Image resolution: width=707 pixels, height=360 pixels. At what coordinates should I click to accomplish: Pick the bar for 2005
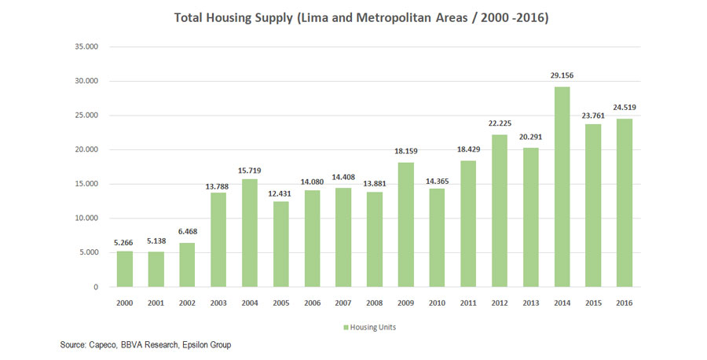tap(282, 244)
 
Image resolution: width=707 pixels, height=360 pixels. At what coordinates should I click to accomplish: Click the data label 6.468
tap(187, 233)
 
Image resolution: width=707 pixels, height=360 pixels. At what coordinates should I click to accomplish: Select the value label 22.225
tap(500, 125)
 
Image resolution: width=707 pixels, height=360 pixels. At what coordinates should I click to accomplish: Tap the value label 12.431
tap(282, 193)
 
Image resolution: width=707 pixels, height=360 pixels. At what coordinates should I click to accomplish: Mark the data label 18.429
tap(469, 151)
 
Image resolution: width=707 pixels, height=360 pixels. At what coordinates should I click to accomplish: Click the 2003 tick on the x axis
tap(219, 303)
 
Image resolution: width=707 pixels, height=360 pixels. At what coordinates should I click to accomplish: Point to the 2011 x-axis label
tap(469, 303)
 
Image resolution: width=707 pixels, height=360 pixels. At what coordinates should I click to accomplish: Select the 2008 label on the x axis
tap(375, 303)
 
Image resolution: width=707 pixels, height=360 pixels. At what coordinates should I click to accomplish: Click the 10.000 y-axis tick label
tap(86, 219)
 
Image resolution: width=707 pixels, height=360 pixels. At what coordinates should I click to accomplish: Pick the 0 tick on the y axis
tap(95, 287)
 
